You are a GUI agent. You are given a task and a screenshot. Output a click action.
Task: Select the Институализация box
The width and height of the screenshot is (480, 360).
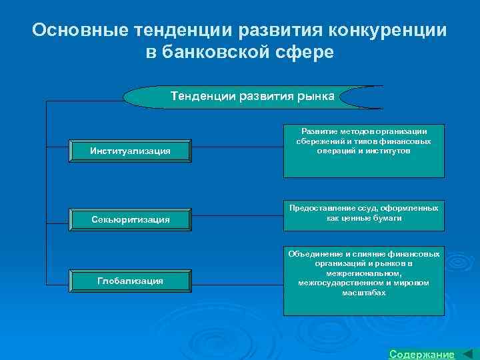[130, 151]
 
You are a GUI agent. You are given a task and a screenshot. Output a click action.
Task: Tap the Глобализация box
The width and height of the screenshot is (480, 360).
[130, 281]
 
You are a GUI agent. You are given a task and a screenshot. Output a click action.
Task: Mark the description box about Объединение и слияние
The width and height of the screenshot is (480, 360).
[363, 281]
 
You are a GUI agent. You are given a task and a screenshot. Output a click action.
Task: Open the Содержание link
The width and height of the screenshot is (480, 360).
[421, 354]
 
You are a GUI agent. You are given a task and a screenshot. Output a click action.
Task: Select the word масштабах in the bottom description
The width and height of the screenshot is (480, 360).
[363, 293]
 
